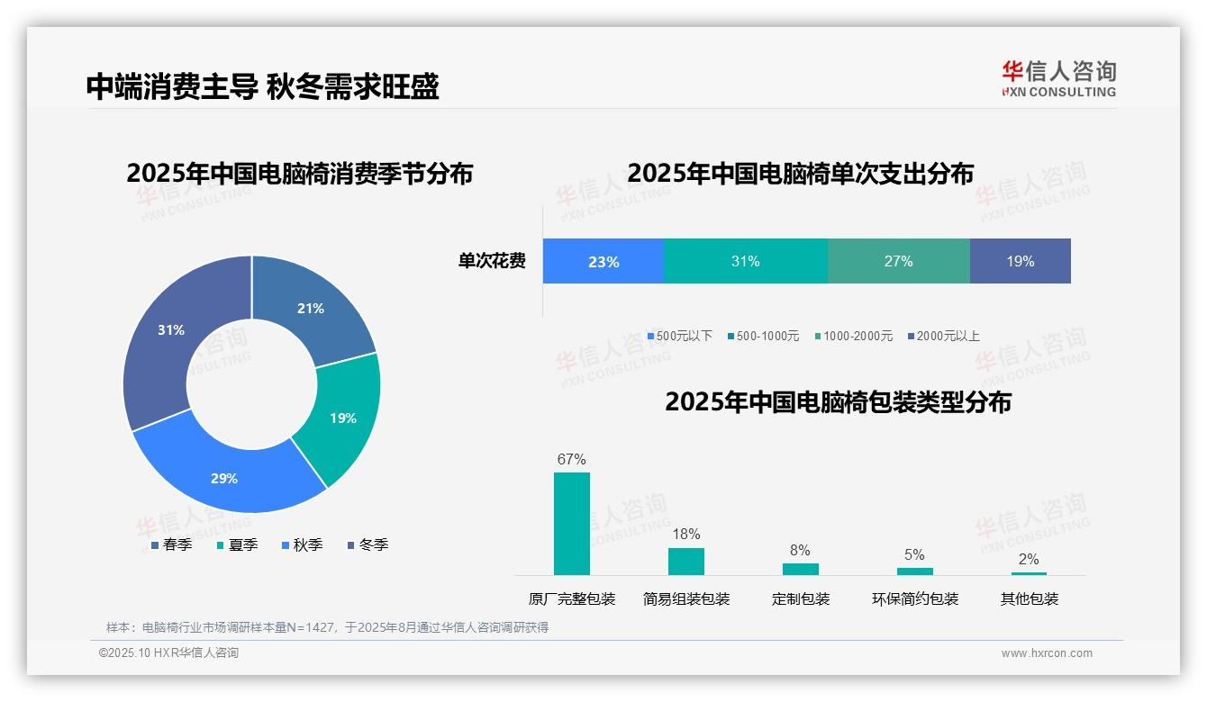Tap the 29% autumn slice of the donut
point(225,477)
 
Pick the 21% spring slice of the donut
point(311,308)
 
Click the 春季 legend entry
point(172,544)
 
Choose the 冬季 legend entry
point(368,544)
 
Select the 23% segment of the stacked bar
point(603,262)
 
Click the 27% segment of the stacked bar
point(898,262)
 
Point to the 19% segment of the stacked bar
point(1020,262)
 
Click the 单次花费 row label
point(492,262)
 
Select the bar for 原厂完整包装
point(572,523)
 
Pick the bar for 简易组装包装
point(686,561)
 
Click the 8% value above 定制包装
point(800,551)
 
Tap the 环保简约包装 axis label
point(915,598)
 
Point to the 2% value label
point(1029,559)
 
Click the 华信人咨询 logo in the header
point(1058,78)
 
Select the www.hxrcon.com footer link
point(1047,653)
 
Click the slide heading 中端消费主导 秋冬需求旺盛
point(262,86)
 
